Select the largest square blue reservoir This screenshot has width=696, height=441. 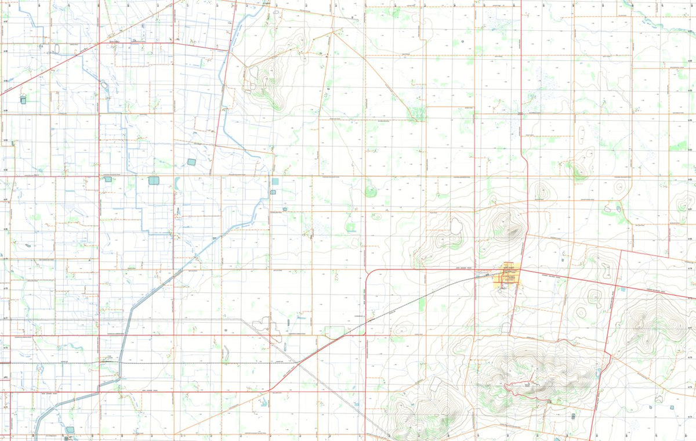click(x=154, y=180)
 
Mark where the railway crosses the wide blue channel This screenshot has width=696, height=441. click(x=120, y=363)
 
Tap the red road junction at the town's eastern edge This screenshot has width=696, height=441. click(x=520, y=269)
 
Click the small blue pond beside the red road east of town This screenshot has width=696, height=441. click(x=622, y=288)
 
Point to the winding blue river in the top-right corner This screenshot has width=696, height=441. click(x=655, y=20)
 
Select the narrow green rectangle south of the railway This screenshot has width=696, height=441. click(x=422, y=305)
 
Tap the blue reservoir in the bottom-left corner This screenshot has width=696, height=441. click(x=70, y=429)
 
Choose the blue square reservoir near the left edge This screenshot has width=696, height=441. click(x=23, y=100)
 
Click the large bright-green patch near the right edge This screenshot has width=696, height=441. click(x=677, y=145)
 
